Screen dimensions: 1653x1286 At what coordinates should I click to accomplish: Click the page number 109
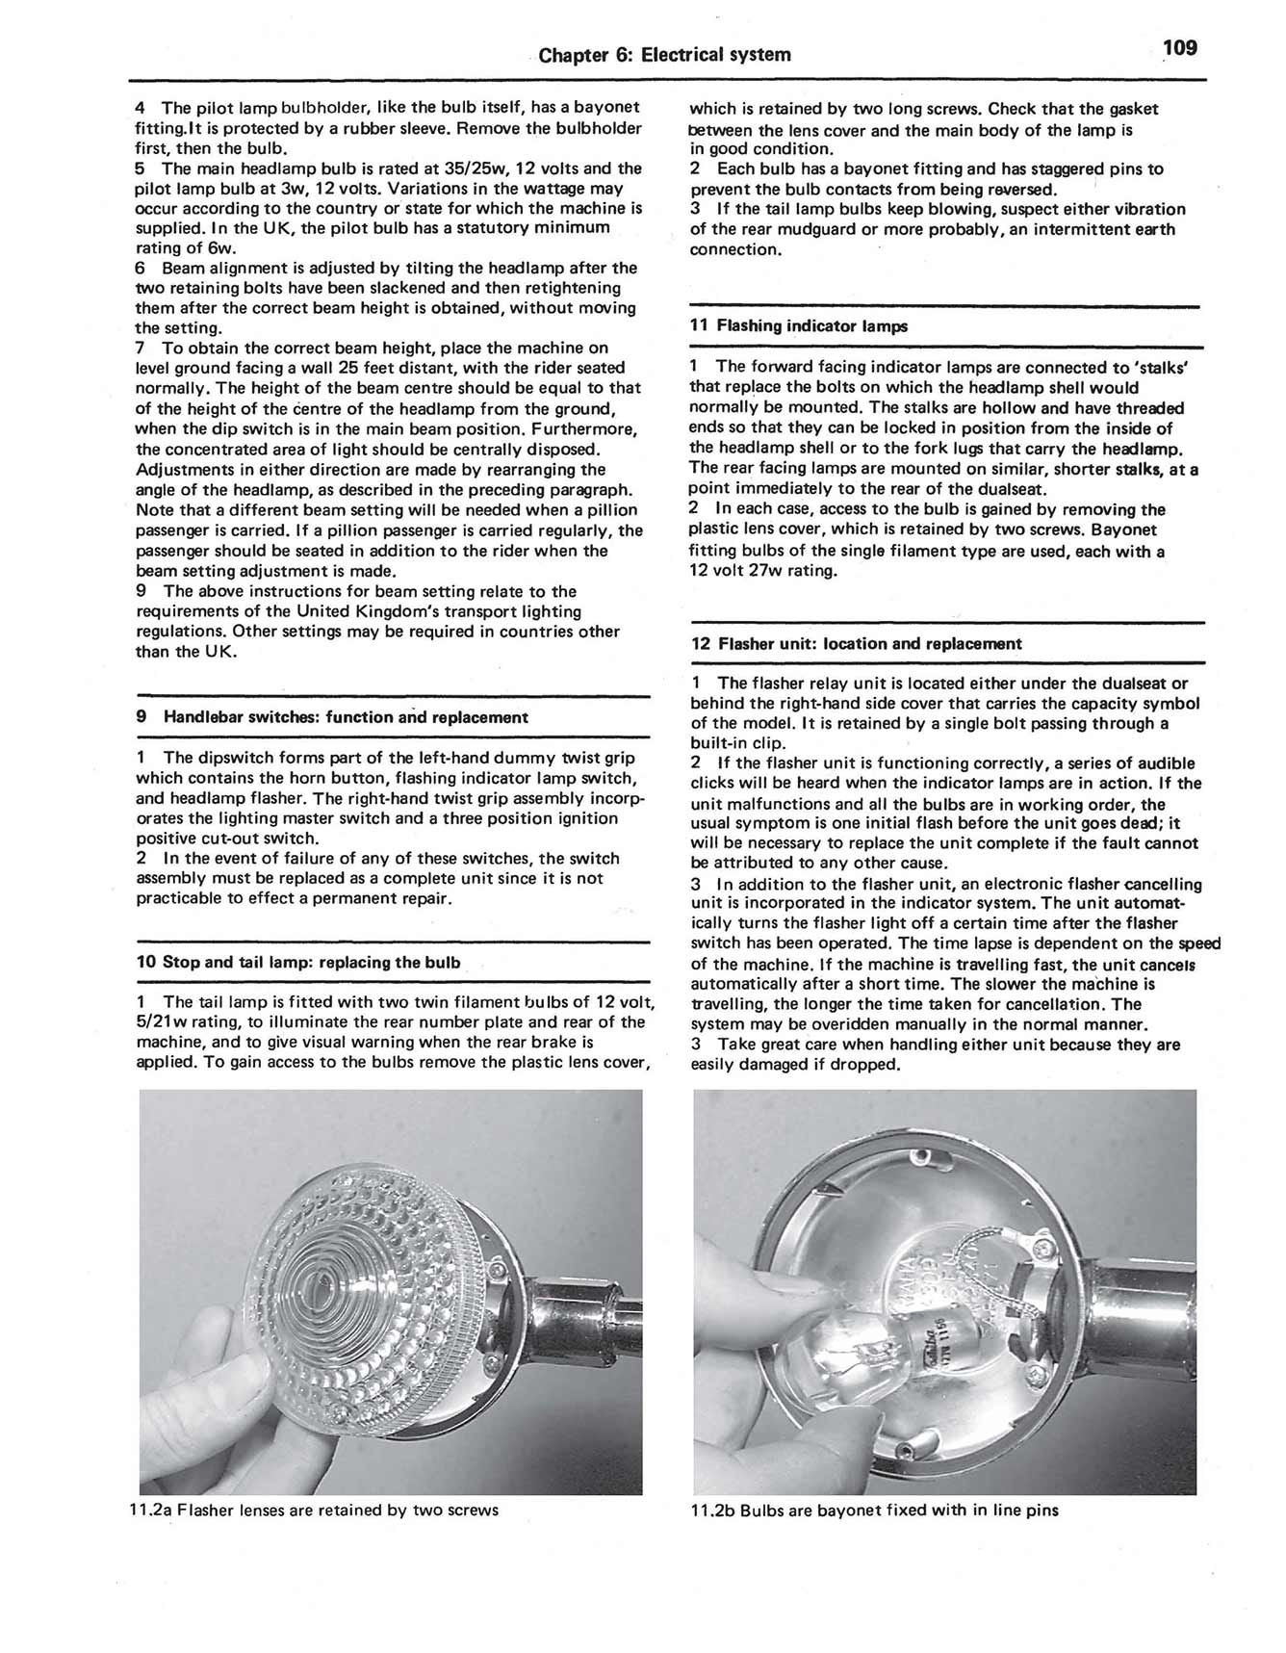click(x=1178, y=48)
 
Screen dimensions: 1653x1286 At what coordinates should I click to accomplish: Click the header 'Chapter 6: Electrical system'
click(x=664, y=55)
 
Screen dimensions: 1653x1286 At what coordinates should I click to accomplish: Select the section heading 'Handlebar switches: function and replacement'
click(x=346, y=717)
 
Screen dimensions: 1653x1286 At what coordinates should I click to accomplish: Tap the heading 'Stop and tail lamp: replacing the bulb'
click(x=311, y=963)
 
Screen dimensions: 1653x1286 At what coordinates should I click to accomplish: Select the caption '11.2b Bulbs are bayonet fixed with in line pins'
click(x=874, y=1511)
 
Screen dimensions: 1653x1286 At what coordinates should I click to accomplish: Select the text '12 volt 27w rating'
click(x=763, y=572)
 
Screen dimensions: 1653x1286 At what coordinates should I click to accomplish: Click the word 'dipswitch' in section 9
click(x=201, y=759)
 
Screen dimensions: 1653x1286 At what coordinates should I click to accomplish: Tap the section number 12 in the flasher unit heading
click(x=701, y=644)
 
